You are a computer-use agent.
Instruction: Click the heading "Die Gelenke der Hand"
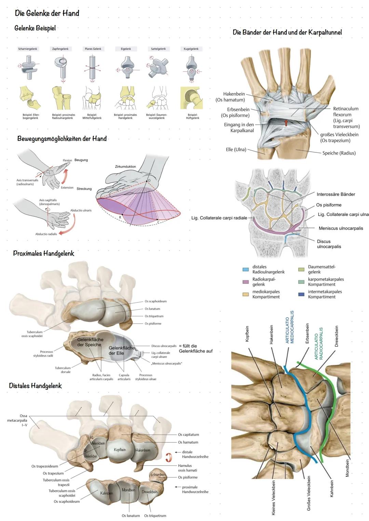click(47, 13)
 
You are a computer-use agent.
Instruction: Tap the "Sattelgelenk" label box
click(158, 49)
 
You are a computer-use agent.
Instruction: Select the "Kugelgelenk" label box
click(191, 49)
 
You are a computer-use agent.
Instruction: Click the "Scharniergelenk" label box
click(28, 49)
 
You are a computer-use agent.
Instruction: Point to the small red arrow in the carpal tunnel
click(286, 123)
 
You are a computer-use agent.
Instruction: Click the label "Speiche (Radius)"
click(339, 153)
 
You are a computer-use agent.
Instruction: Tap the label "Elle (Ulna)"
click(236, 150)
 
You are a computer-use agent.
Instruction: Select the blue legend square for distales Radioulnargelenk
click(245, 270)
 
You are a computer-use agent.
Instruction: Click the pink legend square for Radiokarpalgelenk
click(245, 282)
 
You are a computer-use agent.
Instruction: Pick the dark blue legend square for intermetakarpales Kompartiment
click(301, 294)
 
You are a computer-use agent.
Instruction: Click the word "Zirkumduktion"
click(125, 167)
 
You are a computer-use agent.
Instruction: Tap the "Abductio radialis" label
click(46, 234)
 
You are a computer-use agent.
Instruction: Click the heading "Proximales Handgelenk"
click(43, 253)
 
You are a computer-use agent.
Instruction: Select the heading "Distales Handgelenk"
click(35, 386)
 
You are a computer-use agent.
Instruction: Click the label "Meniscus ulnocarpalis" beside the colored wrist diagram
click(341, 228)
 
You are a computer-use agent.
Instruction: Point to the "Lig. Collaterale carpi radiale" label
click(219, 218)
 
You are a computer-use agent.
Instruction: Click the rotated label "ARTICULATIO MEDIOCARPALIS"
click(290, 327)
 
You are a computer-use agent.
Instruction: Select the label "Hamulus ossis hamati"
click(187, 468)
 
